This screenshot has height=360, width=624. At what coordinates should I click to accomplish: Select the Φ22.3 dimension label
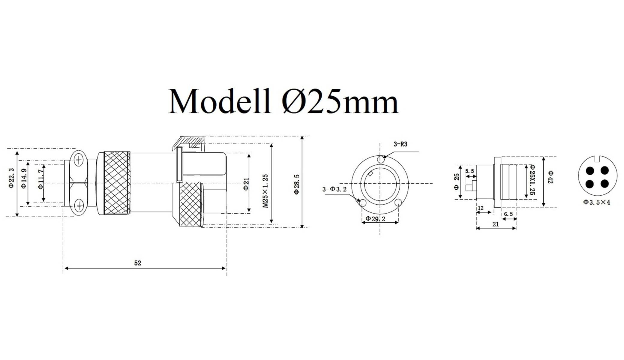pyautogui.click(x=11, y=178)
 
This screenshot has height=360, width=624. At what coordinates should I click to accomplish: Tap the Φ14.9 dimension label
pyautogui.click(x=24, y=178)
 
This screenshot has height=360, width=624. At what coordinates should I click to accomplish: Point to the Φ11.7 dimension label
pyautogui.click(x=41, y=179)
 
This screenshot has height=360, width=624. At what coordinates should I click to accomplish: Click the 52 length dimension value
pyautogui.click(x=137, y=263)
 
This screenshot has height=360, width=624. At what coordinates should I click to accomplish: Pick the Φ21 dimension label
pyautogui.click(x=246, y=184)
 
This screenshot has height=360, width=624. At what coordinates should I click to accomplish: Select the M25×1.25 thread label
pyautogui.click(x=265, y=191)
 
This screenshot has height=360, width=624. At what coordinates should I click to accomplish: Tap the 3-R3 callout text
pyautogui.click(x=400, y=144)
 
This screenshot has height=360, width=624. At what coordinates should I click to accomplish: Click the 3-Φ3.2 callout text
pyautogui.click(x=334, y=189)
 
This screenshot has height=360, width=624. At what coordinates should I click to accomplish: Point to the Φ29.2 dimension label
pyautogui.click(x=375, y=219)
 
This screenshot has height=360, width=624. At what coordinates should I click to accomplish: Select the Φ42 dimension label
pyautogui.click(x=550, y=177)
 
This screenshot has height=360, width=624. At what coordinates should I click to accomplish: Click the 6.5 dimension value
pyautogui.click(x=508, y=214)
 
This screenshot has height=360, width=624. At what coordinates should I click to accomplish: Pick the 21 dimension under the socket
pyautogui.click(x=496, y=224)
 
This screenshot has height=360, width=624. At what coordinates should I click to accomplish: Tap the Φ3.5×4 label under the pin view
pyautogui.click(x=596, y=202)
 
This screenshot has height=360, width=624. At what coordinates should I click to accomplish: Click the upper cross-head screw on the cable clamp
pyautogui.click(x=79, y=160)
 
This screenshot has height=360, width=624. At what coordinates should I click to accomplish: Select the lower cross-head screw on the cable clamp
pyautogui.click(x=79, y=205)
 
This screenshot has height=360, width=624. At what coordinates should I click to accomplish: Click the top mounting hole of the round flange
pyautogui.click(x=380, y=159)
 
